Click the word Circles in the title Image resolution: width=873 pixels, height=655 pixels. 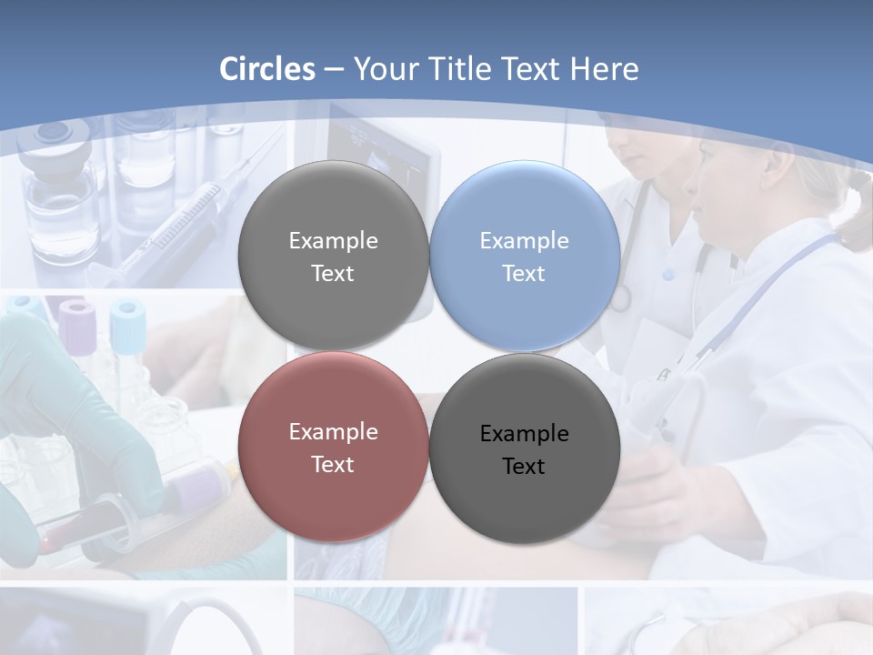(267, 69)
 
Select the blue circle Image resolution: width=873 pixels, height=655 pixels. (525, 256)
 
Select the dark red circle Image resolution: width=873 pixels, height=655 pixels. (333, 447)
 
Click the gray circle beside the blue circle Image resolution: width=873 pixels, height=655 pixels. (333, 256)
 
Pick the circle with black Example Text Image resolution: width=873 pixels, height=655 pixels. (525, 448)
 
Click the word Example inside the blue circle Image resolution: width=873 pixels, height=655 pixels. (524, 240)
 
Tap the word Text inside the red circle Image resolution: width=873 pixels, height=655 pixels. (333, 465)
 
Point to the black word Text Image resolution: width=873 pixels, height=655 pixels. (524, 467)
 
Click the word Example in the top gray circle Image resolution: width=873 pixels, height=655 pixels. (333, 240)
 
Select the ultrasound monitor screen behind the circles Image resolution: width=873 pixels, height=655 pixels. (382, 150)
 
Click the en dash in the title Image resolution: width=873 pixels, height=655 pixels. (334, 70)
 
